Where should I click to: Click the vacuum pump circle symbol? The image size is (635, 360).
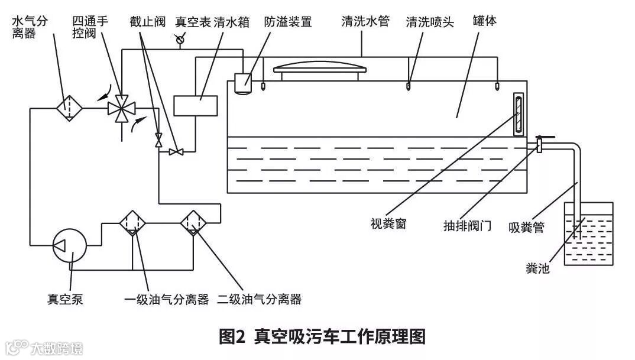pyautogui.click(x=70, y=244)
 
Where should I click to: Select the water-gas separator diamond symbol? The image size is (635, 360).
pyautogui.click(x=69, y=108)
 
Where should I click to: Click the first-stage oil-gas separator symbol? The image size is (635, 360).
pyautogui.click(x=132, y=223)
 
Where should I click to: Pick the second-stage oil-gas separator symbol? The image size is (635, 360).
pyautogui.click(x=193, y=223)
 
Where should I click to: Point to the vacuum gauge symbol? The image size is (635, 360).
pyautogui.click(x=180, y=40)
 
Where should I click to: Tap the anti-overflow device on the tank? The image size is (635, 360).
pyautogui.click(x=243, y=82)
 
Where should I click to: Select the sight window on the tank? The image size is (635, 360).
pyautogui.click(x=519, y=114)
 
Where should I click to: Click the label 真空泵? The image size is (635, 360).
pyautogui.click(x=65, y=299)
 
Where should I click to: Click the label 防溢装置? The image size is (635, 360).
pyautogui.click(x=288, y=22)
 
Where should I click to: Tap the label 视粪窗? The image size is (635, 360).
pyautogui.click(x=388, y=224)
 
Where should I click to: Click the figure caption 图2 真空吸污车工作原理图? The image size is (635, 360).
pyautogui.click(x=322, y=337)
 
